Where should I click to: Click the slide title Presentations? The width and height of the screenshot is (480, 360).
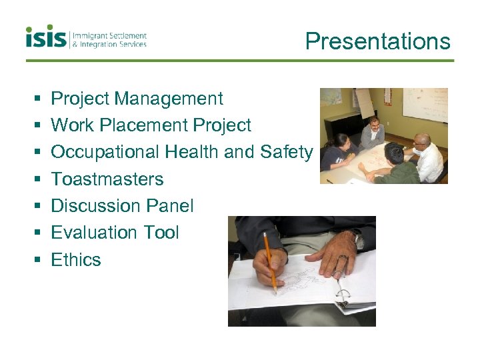coord(377,41)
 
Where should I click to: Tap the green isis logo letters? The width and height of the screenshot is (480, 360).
coord(46,37)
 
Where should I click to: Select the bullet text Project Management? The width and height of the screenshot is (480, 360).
coord(137,99)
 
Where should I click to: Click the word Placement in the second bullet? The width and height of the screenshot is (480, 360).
coord(145,125)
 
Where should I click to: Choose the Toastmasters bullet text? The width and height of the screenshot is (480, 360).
coord(107,179)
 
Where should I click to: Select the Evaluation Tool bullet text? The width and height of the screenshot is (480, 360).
coord(115,233)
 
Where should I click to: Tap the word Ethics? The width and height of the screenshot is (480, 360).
coord(76,259)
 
